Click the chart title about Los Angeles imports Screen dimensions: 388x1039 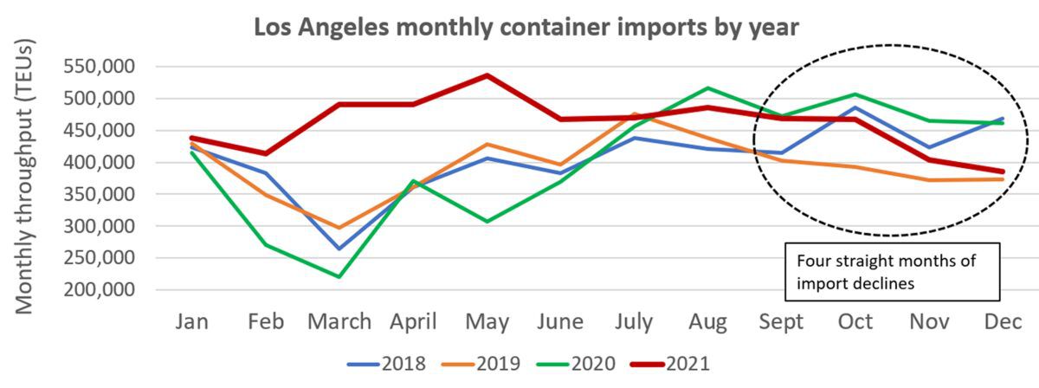coord(525,27)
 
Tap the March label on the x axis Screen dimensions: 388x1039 coord(339,321)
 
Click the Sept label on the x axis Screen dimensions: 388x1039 coord(779,321)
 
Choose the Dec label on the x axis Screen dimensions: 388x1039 coord(1002,321)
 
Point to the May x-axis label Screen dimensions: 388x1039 coord(487,321)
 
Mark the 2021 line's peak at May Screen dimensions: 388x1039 coord(487,75)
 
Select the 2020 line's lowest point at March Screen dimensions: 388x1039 coord(339,277)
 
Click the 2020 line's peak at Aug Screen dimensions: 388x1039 coord(707,87)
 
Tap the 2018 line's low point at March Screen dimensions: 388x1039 coord(339,249)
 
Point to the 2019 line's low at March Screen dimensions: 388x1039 coord(339,228)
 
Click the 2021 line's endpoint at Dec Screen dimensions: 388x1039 coord(1002,171)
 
